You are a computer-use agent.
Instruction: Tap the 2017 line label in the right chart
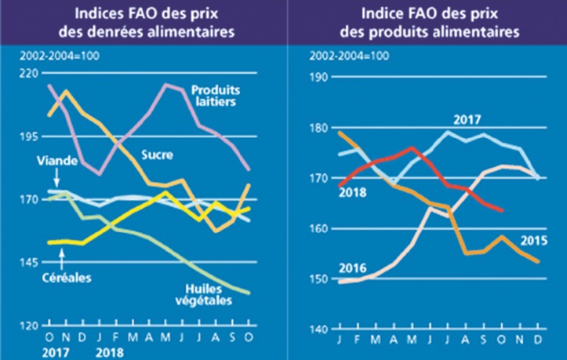point(467,120)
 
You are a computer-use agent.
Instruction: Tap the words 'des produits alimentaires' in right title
point(438,33)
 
